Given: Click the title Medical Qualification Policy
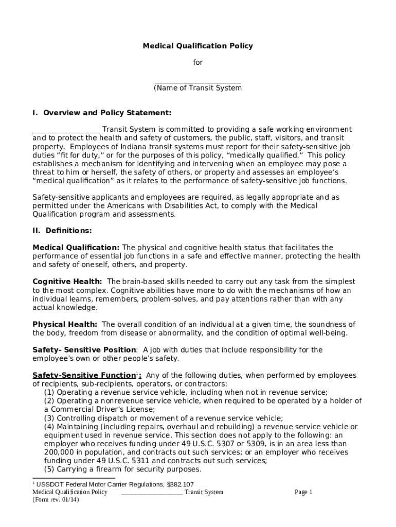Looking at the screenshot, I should pos(197,46).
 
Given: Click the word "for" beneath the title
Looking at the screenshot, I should pos(198,62).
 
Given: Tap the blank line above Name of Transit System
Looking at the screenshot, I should pos(198,81).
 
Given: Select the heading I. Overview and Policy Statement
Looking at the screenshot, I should pos(102,113).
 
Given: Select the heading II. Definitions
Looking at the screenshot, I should pos(62,231).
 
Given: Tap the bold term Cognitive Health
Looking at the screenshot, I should pos(67,282).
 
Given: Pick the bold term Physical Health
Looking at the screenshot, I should pos(65,324).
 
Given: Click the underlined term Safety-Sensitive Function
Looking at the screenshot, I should pos(83,375).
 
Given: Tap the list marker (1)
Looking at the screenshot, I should pos(49,392).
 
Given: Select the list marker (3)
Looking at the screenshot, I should pos(49,418).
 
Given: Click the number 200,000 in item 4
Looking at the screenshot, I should pos(59,452).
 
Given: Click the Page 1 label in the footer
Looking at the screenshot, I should pos(303,493).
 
